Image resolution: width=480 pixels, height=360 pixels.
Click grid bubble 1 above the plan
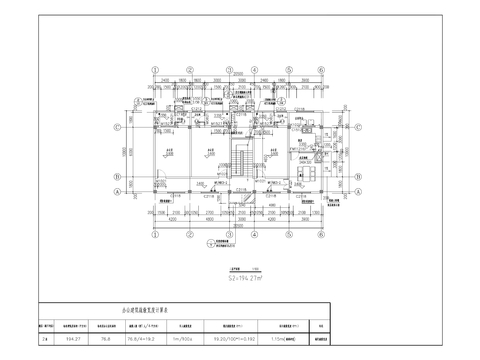click(156, 69)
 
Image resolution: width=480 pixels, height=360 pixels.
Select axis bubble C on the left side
click(119, 128)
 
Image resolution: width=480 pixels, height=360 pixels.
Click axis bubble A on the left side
click(119, 192)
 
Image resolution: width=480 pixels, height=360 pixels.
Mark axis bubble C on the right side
click(358, 128)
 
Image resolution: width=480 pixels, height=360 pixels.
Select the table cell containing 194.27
click(71, 338)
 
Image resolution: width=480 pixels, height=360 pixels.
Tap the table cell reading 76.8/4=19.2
click(145, 338)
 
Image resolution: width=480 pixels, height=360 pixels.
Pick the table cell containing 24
click(44, 338)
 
